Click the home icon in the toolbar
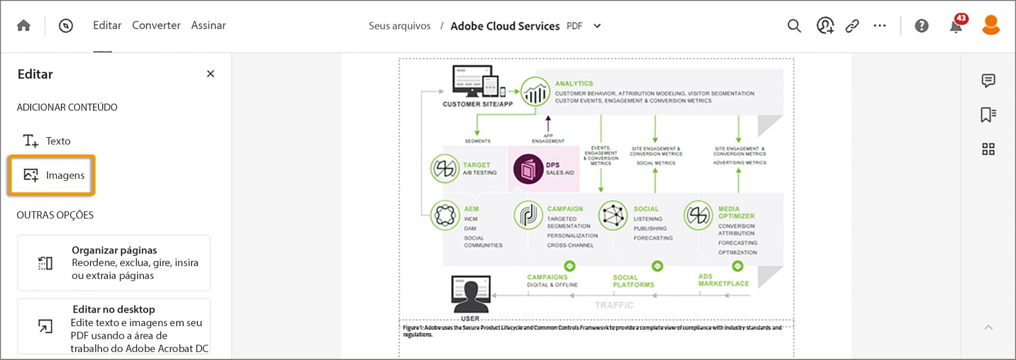pyautogui.click(x=23, y=25)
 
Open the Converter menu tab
pyautogui.click(x=156, y=25)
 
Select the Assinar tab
pyautogui.click(x=208, y=25)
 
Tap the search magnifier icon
pyautogui.click(x=794, y=25)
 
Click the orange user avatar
pyautogui.click(x=991, y=25)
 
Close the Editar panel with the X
pyautogui.click(x=211, y=74)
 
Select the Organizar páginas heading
pyautogui.click(x=114, y=250)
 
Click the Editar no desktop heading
pyautogui.click(x=114, y=309)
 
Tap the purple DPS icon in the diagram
pyautogui.click(x=528, y=169)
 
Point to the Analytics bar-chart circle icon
pyautogui.click(x=535, y=92)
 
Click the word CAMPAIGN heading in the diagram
pyautogui.click(x=565, y=209)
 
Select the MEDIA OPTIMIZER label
pyautogui.click(x=736, y=212)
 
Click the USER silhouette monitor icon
pyautogui.click(x=470, y=293)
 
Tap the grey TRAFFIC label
pyautogui.click(x=614, y=305)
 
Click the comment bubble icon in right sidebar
pyautogui.click(x=988, y=80)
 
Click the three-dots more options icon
pyautogui.click(x=879, y=25)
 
